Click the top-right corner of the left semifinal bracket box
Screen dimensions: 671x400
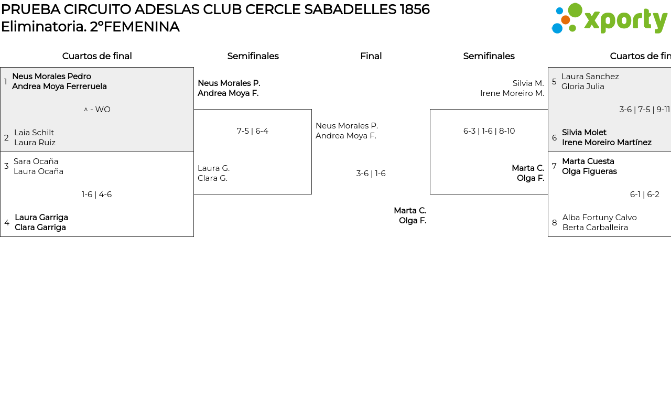click(x=311, y=110)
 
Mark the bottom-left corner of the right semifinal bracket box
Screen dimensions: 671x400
click(x=430, y=194)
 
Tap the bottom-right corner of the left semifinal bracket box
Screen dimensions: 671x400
click(x=311, y=194)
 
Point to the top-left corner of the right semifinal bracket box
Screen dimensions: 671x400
click(x=430, y=110)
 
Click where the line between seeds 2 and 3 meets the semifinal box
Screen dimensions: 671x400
click(x=194, y=152)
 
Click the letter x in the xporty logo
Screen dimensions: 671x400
click(x=591, y=20)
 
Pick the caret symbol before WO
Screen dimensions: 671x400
click(x=85, y=110)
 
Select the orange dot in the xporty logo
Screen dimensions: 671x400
click(x=565, y=20)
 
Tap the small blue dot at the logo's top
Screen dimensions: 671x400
click(x=559, y=11)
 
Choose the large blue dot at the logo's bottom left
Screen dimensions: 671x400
click(x=557, y=28)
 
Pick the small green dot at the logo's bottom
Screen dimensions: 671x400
click(x=572, y=28)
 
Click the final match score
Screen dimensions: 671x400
click(x=371, y=174)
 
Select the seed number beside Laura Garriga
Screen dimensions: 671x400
click(x=7, y=223)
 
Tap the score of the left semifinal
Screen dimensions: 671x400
click(x=253, y=131)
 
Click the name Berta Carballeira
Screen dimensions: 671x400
click(x=595, y=228)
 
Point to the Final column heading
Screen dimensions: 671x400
click(x=371, y=56)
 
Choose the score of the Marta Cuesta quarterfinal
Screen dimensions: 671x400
click(x=645, y=194)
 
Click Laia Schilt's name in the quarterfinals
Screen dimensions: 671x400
click(x=34, y=133)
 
